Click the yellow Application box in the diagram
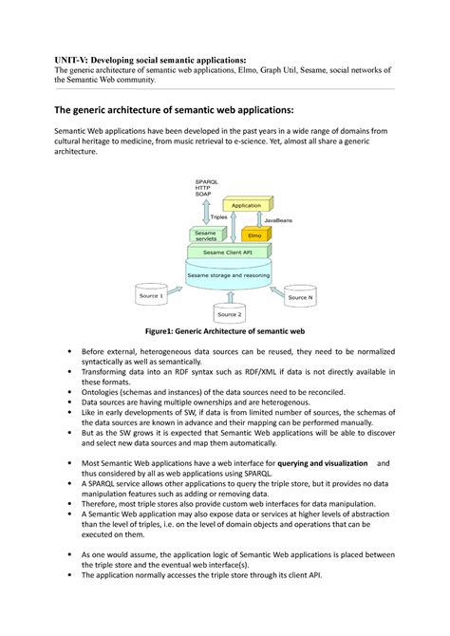click(x=247, y=204)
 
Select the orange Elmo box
click(x=254, y=234)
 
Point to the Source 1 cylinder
click(x=152, y=294)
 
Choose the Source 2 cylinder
click(x=230, y=311)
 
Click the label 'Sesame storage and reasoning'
click(x=228, y=275)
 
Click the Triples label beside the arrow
click(x=218, y=216)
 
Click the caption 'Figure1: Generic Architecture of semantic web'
click(x=224, y=332)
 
